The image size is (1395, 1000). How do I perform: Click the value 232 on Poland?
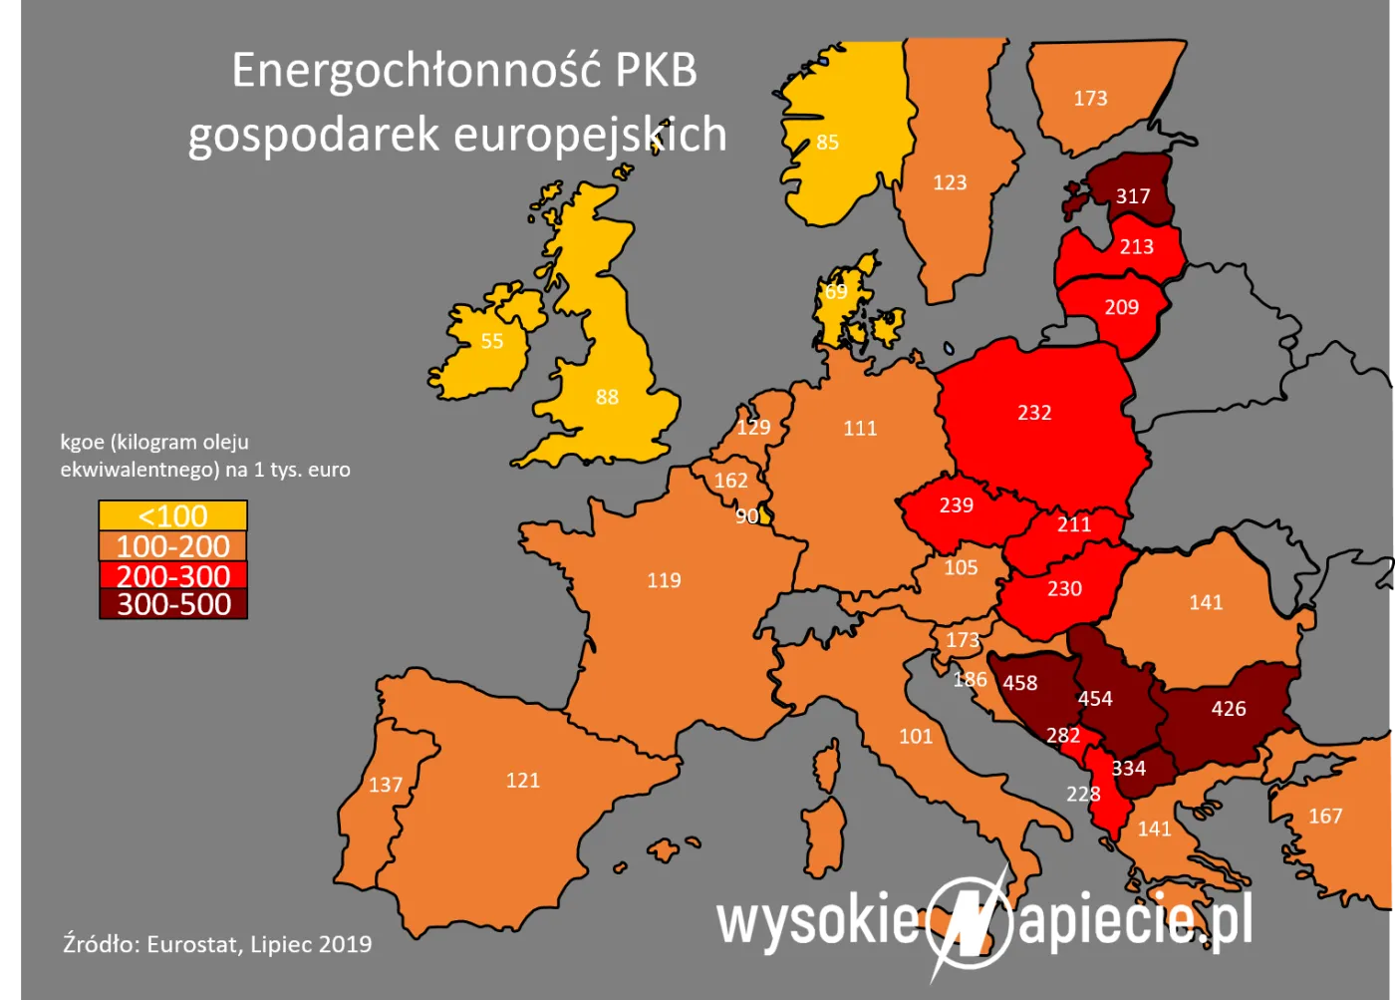[1034, 413]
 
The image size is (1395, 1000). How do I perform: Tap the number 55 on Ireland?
[492, 341]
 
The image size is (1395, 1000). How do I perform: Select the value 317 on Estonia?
[1133, 196]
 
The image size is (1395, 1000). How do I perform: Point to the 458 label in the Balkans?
[1019, 683]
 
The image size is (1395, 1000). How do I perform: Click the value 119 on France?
[664, 580]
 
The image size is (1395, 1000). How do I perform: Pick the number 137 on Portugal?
[386, 785]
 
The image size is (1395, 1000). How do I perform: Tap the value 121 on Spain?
[523, 781]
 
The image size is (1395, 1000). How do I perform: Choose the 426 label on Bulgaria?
[1229, 709]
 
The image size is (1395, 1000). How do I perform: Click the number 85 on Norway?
[828, 143]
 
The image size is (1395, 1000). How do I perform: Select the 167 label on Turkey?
[1325, 817]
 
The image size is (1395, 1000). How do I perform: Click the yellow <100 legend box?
[172, 516]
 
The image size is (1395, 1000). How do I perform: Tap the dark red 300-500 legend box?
[172, 604]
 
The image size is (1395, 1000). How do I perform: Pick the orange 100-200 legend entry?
[172, 546]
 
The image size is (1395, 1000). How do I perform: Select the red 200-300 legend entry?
[172, 576]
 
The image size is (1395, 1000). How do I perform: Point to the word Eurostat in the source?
[192, 944]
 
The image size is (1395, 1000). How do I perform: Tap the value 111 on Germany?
[860, 429]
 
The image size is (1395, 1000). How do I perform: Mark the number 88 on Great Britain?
[607, 397]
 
